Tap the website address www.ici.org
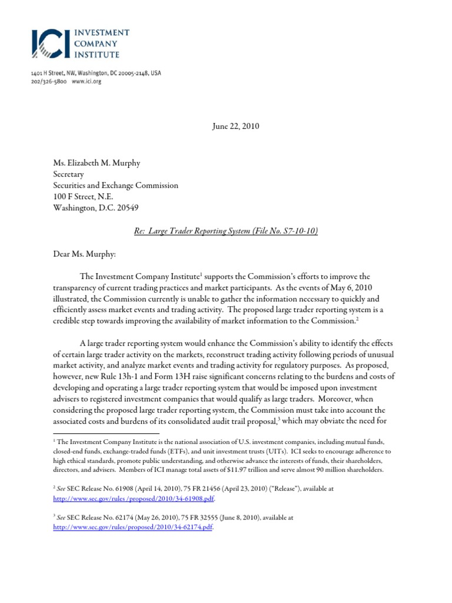[87, 82]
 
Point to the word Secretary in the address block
[69, 174]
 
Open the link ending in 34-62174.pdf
[132, 528]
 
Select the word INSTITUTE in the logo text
[97, 55]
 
